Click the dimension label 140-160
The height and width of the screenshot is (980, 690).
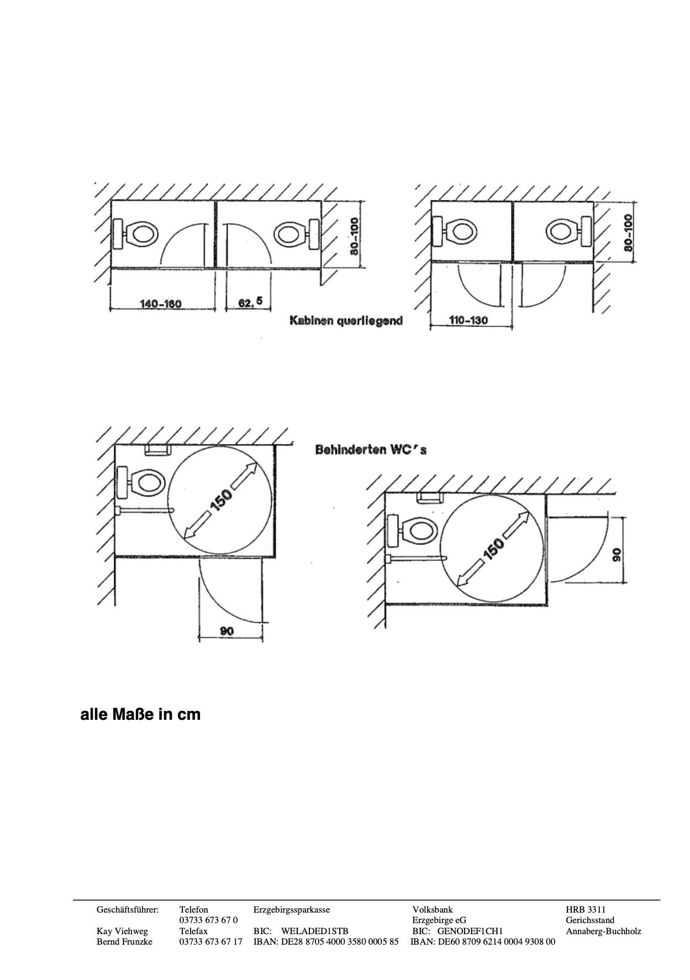click(x=161, y=303)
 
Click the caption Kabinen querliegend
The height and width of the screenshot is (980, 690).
click(x=346, y=320)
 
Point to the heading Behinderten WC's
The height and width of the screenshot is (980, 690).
click(x=371, y=450)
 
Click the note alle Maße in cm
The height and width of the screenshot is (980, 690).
click(x=140, y=714)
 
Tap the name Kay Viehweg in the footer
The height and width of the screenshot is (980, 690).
click(x=122, y=931)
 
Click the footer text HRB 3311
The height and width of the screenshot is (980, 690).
click(x=586, y=910)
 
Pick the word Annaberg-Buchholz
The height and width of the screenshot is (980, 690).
click(x=603, y=931)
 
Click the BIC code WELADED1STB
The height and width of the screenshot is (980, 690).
click(x=314, y=931)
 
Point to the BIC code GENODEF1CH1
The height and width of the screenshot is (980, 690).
click(x=470, y=931)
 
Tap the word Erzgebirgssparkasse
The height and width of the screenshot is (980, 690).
click(x=291, y=910)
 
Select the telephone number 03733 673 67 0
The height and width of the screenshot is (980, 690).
click(x=208, y=920)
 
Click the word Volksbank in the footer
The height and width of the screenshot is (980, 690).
click(x=432, y=910)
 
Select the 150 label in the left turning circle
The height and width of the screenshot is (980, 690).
click(x=222, y=500)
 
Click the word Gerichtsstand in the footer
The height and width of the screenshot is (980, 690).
click(x=589, y=920)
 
